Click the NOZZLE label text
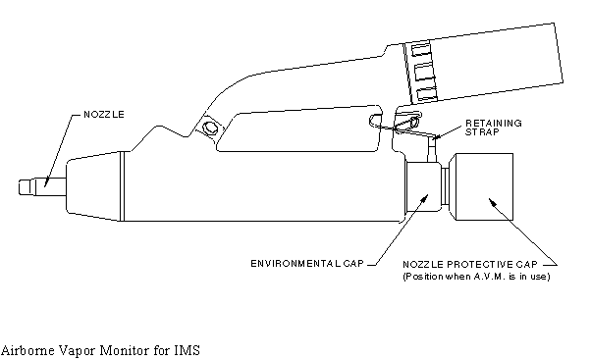104,115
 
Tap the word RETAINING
494,124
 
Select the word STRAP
482,132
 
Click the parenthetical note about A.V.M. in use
476,277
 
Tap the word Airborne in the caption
26,350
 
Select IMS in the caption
187,350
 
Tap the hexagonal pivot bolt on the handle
209,128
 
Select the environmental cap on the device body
423,187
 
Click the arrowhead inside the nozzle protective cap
493,202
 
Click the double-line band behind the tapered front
121,186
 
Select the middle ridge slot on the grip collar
424,72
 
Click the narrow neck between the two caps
445,186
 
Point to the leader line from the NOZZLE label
59,150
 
